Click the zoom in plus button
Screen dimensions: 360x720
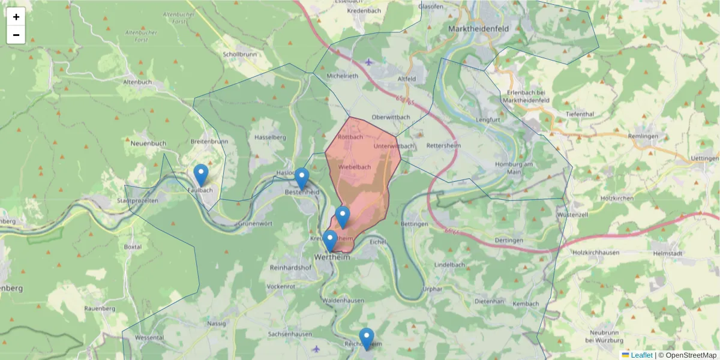[x=16, y=17]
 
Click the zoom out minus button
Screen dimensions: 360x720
[x=16, y=35]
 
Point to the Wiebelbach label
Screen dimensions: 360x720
[x=355, y=167]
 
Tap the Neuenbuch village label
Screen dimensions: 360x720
[x=148, y=143]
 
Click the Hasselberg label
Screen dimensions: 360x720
[x=270, y=137]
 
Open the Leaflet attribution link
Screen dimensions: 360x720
[x=641, y=355]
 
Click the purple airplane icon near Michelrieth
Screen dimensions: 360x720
[x=368, y=62]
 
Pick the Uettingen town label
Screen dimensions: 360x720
[x=705, y=158]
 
